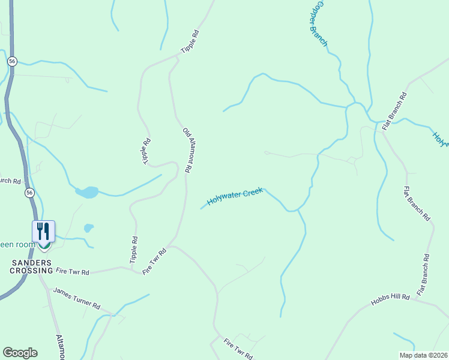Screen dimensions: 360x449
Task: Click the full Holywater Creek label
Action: tap(235, 196)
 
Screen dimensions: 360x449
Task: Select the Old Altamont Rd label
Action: tap(187, 150)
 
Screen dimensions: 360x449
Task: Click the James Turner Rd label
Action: tap(76, 298)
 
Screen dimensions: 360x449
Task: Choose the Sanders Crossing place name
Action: tap(31, 266)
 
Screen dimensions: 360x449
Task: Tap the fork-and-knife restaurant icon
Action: tap(43, 231)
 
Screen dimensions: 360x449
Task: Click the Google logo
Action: tap(20, 353)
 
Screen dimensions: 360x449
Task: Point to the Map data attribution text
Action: tap(424, 355)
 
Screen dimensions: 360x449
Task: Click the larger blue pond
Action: tap(87, 193)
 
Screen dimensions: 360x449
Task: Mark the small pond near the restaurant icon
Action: tap(88, 228)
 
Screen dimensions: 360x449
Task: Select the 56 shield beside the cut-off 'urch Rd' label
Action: tap(29, 193)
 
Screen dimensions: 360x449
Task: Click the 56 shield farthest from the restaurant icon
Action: tap(12, 61)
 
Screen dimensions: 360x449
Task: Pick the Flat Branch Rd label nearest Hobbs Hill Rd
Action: tap(423, 275)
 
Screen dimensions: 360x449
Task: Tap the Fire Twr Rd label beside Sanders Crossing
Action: tap(73, 272)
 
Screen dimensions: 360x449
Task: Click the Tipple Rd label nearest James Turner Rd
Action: tap(133, 250)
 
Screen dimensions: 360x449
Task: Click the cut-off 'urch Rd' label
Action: tap(10, 181)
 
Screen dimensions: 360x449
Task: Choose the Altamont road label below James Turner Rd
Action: tap(61, 347)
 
